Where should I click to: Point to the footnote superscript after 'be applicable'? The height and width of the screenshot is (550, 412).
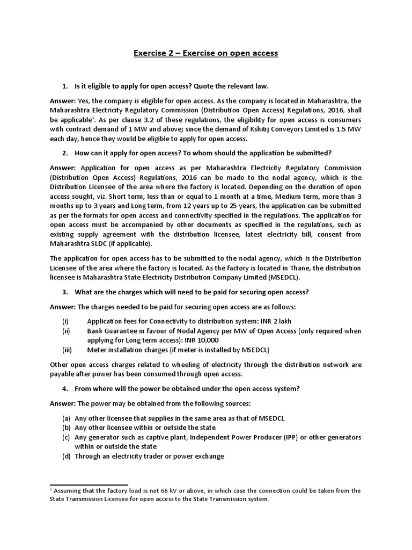point(93,118)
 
